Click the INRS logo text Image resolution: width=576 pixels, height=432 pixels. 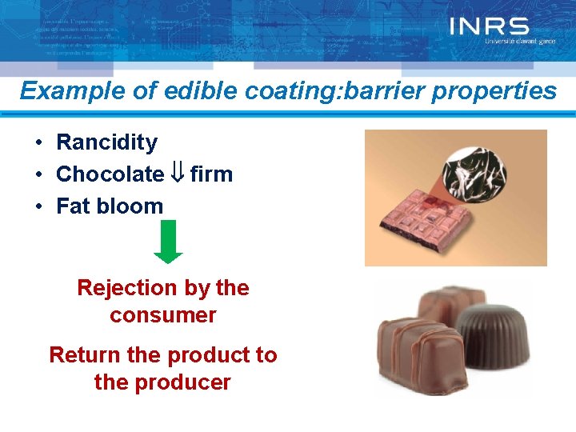coord(489,26)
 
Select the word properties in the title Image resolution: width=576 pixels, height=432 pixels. coord(502,91)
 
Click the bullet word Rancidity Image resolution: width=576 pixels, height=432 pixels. coord(106,143)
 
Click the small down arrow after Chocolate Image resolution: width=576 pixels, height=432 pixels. coord(178,174)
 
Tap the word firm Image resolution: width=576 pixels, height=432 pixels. coord(211,174)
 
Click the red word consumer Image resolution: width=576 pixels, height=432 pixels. coord(163,315)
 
